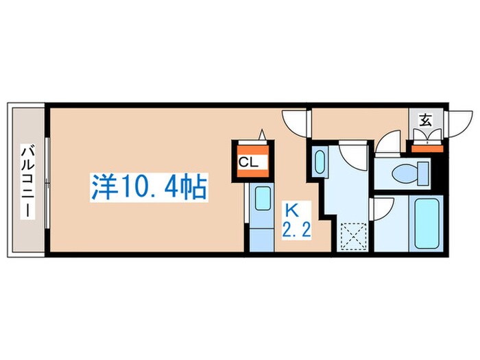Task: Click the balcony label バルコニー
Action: [x=27, y=182]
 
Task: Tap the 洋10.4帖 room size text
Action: [x=149, y=187]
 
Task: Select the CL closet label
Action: [x=248, y=163]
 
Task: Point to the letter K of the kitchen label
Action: [x=291, y=211]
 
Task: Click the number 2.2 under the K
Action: [x=296, y=230]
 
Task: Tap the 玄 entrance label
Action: [x=425, y=120]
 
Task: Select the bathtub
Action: [x=427, y=223]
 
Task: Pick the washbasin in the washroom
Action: [x=320, y=163]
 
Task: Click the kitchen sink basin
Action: [x=263, y=198]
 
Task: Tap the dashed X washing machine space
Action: [x=354, y=236]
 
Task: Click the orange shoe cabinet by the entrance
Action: [x=427, y=149]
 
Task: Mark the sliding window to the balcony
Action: [x=47, y=183]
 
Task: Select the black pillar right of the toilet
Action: [x=435, y=173]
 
